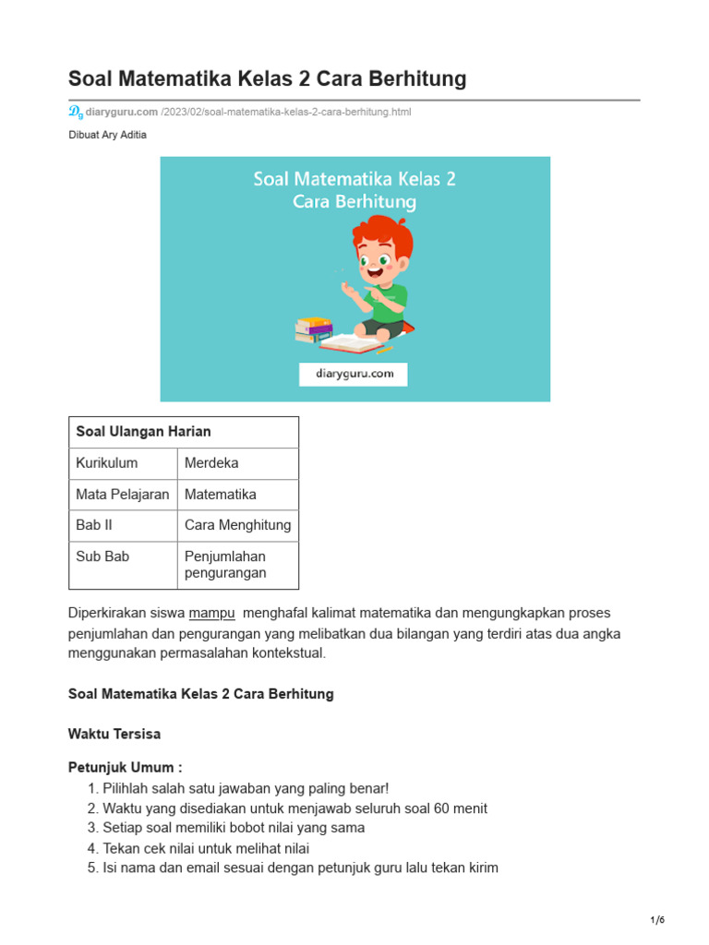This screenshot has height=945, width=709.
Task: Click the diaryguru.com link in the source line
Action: click(x=122, y=112)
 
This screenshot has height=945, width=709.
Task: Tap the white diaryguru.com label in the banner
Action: click(x=354, y=374)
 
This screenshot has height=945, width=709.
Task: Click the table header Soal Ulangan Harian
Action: click(x=143, y=432)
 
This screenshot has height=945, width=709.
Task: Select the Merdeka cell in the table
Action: click(x=211, y=463)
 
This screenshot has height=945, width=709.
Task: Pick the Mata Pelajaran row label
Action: click(x=122, y=495)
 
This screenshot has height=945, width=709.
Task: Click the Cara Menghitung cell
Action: click(x=237, y=525)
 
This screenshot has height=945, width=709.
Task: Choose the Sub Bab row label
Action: click(x=102, y=556)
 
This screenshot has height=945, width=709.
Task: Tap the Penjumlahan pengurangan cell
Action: click(x=225, y=565)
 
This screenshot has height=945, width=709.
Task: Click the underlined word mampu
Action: click(x=212, y=613)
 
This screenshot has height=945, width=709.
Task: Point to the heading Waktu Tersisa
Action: click(x=114, y=735)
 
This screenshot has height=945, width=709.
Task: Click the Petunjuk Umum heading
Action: click(x=125, y=768)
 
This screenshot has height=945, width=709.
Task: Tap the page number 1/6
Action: click(x=656, y=920)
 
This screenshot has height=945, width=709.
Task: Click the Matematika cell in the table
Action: click(x=221, y=495)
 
